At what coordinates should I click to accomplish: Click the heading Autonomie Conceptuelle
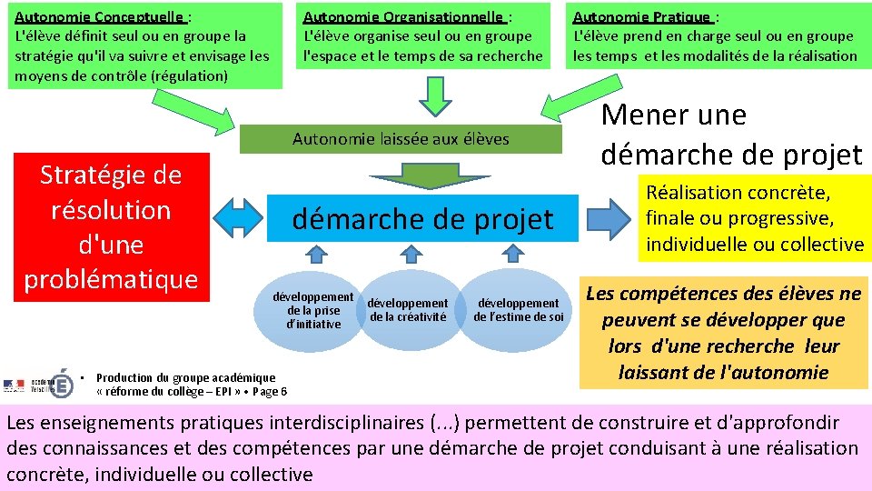pos(100,16)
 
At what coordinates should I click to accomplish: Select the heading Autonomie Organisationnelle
pos(403,16)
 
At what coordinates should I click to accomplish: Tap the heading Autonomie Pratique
pos(642,16)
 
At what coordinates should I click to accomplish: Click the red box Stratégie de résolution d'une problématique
pos(111,227)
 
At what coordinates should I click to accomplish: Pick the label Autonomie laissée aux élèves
pos(401,139)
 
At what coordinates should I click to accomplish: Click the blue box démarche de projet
pos(421,219)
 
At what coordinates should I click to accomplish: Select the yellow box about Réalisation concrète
pos(754,218)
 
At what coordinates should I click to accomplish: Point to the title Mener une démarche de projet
pos(731,135)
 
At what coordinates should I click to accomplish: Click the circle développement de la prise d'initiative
pos(313,310)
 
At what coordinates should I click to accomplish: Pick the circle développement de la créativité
pos(408,310)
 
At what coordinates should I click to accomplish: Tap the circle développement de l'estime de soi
pos(519,309)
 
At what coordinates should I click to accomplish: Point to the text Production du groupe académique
pos(185,377)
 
